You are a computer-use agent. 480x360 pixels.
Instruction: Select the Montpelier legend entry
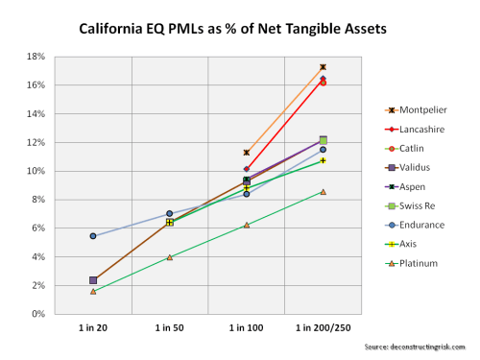point(414,109)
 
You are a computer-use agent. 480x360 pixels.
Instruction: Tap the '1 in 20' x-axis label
point(93,328)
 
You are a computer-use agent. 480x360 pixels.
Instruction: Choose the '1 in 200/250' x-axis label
point(323,328)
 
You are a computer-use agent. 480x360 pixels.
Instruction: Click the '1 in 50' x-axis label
point(170,328)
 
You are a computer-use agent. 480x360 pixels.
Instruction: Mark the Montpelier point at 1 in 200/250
point(324,67)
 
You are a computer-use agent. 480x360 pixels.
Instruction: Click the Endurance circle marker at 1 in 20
point(93,236)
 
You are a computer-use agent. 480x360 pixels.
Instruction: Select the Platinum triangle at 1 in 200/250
point(324,192)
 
